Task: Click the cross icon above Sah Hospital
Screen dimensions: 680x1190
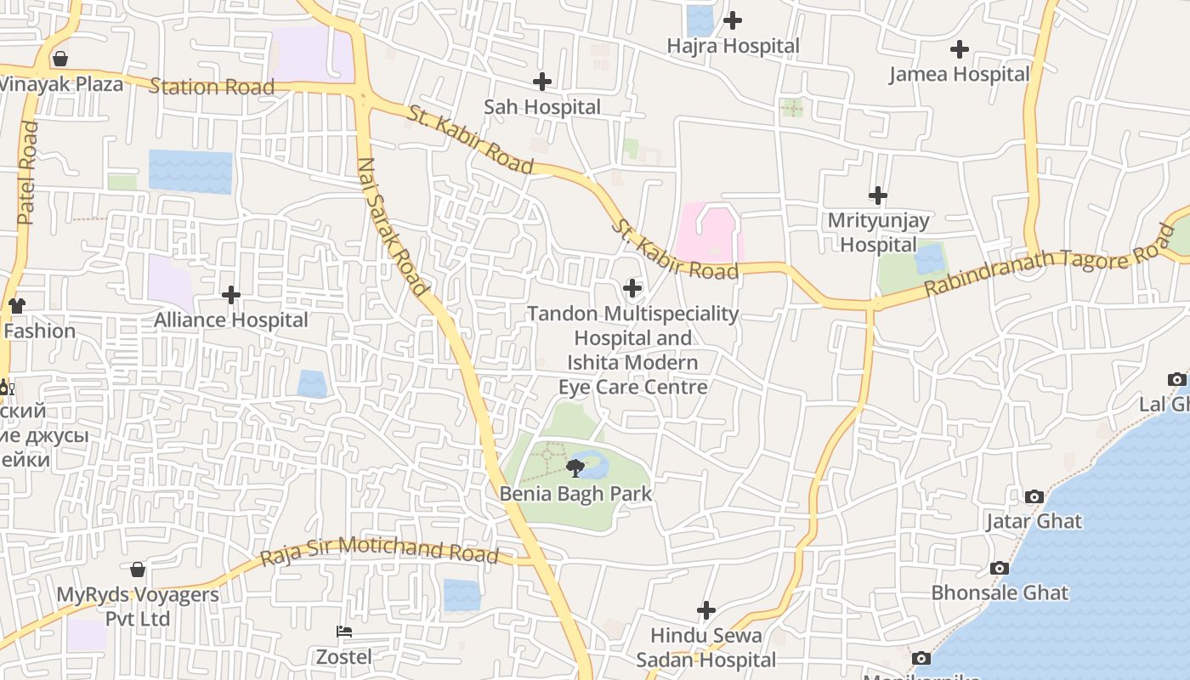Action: tap(541, 82)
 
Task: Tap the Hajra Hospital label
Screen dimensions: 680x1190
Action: tap(733, 46)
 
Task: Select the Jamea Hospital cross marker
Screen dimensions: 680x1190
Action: tap(960, 49)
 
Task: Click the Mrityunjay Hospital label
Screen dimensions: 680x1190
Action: tap(878, 232)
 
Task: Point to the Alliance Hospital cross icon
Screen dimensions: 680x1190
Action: tap(230, 295)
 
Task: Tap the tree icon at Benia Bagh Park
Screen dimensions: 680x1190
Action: tap(575, 467)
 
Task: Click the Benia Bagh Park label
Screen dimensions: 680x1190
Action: tap(575, 494)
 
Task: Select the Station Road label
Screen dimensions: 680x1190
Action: tap(212, 87)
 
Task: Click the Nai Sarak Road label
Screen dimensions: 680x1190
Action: tap(393, 227)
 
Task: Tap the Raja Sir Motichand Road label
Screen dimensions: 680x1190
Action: tap(379, 550)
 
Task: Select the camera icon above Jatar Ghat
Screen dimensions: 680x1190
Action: tap(1034, 496)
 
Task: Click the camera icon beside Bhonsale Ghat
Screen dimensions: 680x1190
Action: tap(1000, 568)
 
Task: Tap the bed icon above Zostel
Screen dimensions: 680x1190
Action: tap(344, 632)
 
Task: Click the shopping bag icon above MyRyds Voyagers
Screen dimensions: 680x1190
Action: tap(138, 569)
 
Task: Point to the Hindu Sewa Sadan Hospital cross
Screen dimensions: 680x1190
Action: tap(705, 610)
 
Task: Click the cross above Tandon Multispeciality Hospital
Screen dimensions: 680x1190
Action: tap(632, 288)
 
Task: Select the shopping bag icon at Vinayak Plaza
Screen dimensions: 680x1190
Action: tap(59, 59)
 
